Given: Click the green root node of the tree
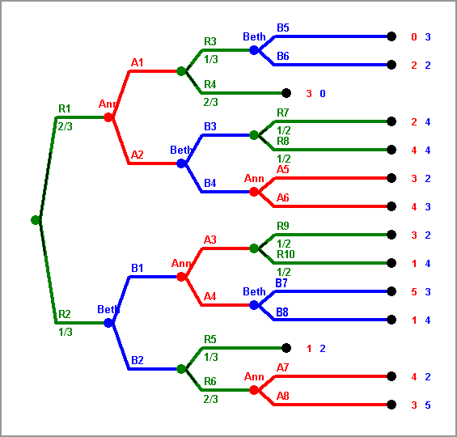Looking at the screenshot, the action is click(x=36, y=220).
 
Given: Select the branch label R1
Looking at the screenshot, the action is click(x=65, y=108).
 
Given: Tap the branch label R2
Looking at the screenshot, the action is click(x=65, y=314).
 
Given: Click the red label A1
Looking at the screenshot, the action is click(x=137, y=62).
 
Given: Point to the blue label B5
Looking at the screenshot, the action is click(x=283, y=28).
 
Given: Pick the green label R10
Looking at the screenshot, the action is click(x=286, y=254).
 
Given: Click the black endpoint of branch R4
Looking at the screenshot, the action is click(x=286, y=93).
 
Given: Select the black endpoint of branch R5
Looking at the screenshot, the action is click(x=286, y=348).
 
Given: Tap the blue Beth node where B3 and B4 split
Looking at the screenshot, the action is click(x=181, y=163).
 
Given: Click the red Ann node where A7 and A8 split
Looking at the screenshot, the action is click(x=254, y=390).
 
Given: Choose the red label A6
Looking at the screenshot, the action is click(x=283, y=197).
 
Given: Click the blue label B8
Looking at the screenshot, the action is click(x=282, y=312).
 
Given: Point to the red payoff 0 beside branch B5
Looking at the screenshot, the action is click(x=414, y=37).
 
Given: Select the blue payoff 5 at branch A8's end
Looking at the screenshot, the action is click(x=428, y=405).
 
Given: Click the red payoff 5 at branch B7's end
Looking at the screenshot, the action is click(x=414, y=292).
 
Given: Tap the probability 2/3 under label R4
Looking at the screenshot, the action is click(x=211, y=102).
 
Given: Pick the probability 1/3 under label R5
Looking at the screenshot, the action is click(x=211, y=357).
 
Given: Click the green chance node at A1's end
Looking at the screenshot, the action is click(x=181, y=71).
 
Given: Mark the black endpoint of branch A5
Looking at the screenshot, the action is click(x=391, y=178).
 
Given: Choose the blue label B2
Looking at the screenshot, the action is click(x=137, y=360).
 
